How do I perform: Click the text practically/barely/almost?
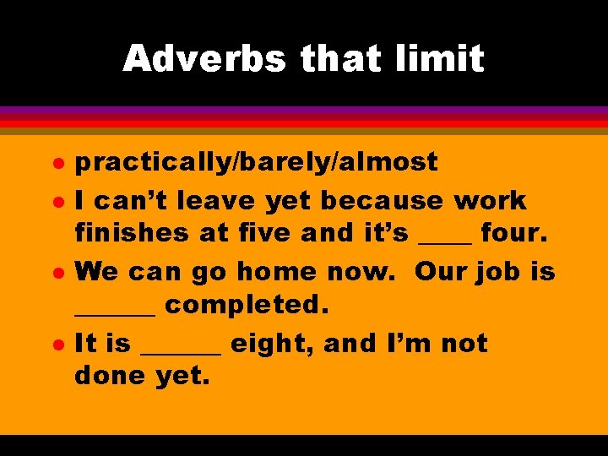pyautogui.click(x=256, y=162)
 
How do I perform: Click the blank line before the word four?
pyautogui.click(x=445, y=242)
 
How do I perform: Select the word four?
pyautogui.click(x=514, y=233)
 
